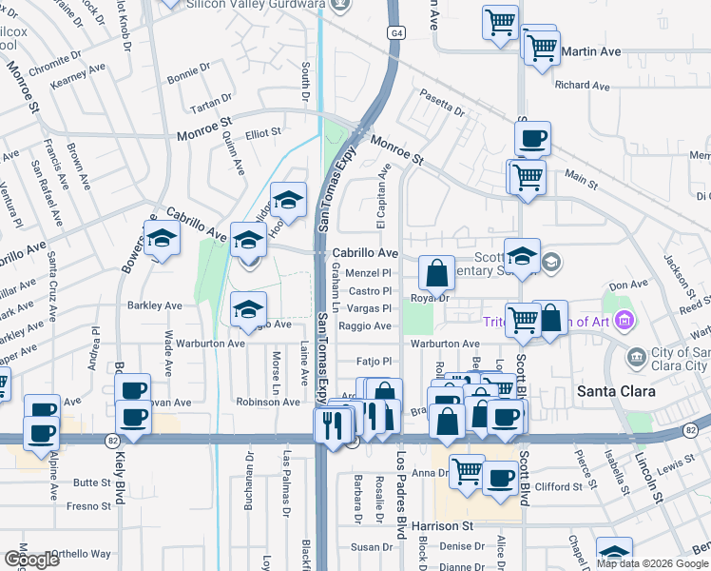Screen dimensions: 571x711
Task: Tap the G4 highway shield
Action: (x=394, y=32)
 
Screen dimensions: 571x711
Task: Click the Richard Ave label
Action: (x=583, y=86)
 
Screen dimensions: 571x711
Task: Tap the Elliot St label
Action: (x=263, y=133)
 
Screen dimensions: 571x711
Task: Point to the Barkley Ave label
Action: (x=154, y=305)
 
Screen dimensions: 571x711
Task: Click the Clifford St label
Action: (x=558, y=487)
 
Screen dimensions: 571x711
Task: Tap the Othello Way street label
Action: (x=80, y=554)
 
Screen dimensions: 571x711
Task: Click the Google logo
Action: (x=31, y=560)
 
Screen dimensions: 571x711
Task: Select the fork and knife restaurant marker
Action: (x=332, y=423)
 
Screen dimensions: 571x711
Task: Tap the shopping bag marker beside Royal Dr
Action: (x=435, y=274)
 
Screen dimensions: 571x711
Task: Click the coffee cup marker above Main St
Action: (x=532, y=139)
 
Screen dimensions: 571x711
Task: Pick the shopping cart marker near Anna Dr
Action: (x=467, y=470)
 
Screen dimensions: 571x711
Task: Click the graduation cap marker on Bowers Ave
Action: (x=163, y=240)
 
